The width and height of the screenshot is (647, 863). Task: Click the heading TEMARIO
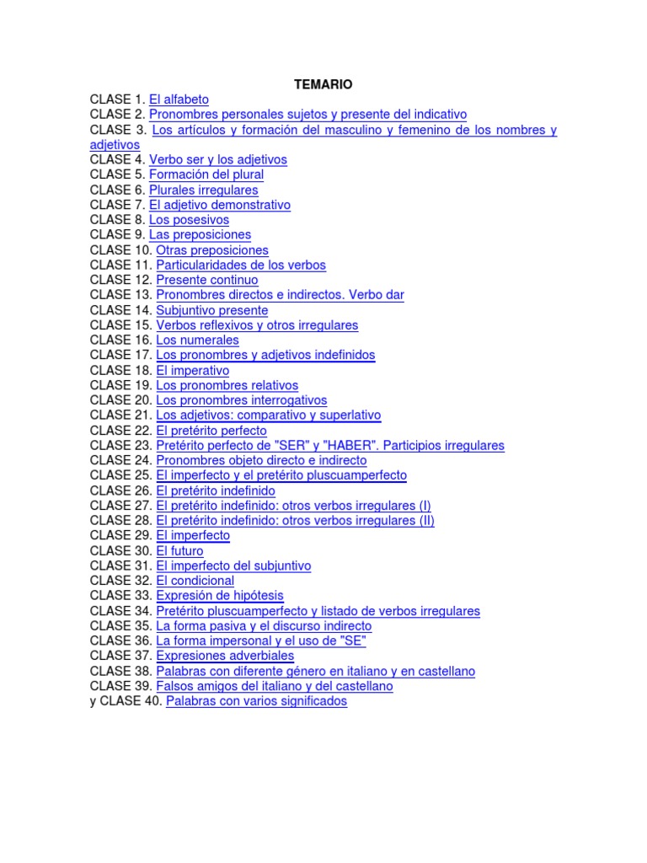tap(323, 84)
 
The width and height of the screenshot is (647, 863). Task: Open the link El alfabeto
tap(179, 99)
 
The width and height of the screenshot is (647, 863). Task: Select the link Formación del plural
tap(206, 174)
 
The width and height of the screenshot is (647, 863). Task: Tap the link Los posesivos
tap(189, 220)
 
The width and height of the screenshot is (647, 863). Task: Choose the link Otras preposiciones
tap(212, 250)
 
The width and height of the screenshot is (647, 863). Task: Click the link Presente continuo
tap(207, 280)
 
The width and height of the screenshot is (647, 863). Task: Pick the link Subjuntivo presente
tap(212, 310)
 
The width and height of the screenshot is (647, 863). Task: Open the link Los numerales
tap(197, 340)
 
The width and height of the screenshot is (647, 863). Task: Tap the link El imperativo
tap(193, 371)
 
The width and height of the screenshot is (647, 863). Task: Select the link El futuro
tap(179, 551)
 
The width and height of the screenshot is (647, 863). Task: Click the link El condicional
tap(195, 581)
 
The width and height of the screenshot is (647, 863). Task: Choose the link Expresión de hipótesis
tap(220, 596)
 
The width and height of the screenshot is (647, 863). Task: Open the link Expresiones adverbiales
tap(225, 656)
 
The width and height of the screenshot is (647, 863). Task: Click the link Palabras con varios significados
tap(256, 701)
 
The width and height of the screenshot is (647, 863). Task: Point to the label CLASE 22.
tap(120, 431)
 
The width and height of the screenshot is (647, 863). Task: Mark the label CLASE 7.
tap(117, 205)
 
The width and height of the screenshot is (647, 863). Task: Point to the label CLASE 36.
tap(120, 641)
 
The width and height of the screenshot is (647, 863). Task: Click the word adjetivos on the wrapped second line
tap(115, 145)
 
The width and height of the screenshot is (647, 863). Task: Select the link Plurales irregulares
tap(204, 190)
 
